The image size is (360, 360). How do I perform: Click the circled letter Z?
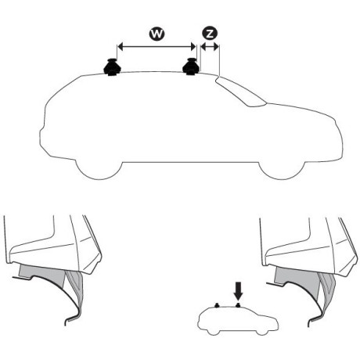[210, 34]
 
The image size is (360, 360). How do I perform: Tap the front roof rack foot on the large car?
[190, 68]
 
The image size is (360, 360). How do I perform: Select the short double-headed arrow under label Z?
[210, 49]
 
